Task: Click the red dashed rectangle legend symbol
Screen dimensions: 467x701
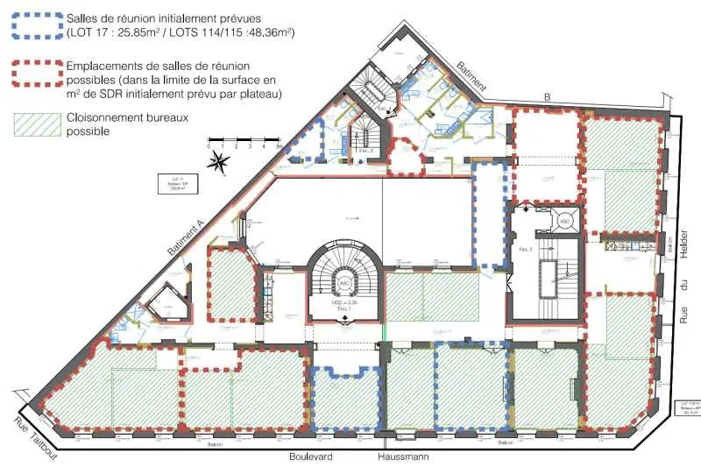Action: point(32,74)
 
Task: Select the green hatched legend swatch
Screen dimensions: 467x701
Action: point(32,124)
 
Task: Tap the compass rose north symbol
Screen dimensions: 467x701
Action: point(222,160)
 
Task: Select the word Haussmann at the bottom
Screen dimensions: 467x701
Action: point(406,456)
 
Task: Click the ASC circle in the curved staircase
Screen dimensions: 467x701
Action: point(345,283)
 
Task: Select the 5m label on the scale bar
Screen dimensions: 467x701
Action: point(279,146)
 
